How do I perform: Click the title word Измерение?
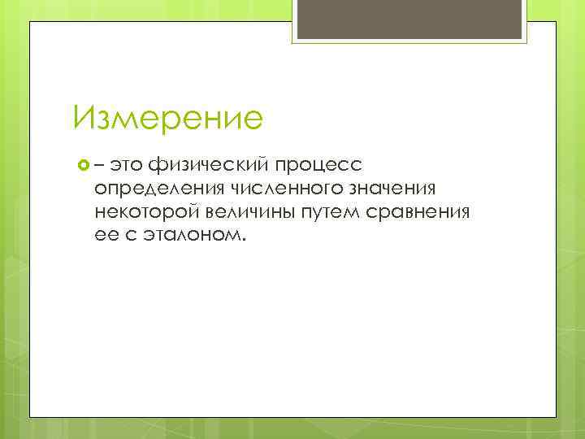tap(167, 119)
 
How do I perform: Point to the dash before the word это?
tap(99, 167)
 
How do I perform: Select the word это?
tap(126, 167)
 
